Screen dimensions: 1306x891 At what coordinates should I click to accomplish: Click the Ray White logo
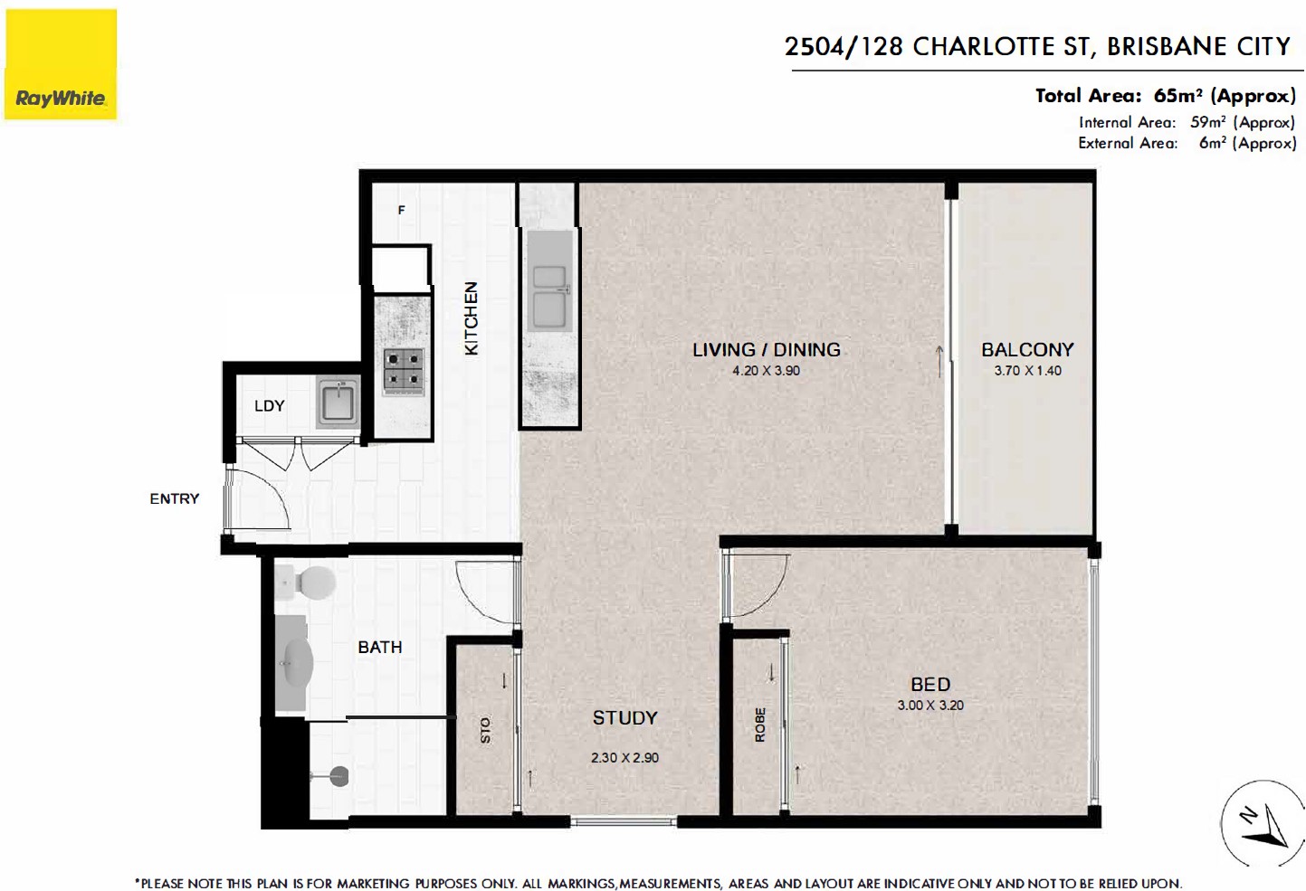coord(61,64)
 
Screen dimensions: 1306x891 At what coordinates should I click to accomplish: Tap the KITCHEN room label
coord(472,318)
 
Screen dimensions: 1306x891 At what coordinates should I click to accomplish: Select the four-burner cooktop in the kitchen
coord(403,369)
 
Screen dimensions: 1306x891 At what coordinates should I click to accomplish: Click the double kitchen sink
coord(548,297)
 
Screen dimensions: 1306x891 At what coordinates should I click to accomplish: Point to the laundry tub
coord(338,401)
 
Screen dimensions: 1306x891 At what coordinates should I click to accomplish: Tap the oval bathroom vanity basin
coord(296,664)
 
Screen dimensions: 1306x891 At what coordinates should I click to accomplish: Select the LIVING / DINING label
coord(766,349)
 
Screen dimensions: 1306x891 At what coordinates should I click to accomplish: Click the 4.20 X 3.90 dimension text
coord(766,371)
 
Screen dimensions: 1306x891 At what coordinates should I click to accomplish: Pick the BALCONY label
coord(1027,349)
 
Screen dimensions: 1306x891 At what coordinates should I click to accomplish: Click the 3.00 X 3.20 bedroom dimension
coord(930,705)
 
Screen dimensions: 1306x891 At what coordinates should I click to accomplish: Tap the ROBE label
coord(759,725)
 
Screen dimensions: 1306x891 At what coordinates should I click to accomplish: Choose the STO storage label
coord(485,730)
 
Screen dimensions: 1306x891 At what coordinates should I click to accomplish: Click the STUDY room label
coord(625,718)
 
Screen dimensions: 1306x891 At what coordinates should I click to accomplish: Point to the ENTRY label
coord(175,498)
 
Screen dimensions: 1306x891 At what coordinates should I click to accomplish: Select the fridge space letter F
coord(401,210)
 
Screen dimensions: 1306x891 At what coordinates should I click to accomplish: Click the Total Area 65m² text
coord(1166,96)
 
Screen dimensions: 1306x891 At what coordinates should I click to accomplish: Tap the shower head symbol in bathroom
coord(338,775)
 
